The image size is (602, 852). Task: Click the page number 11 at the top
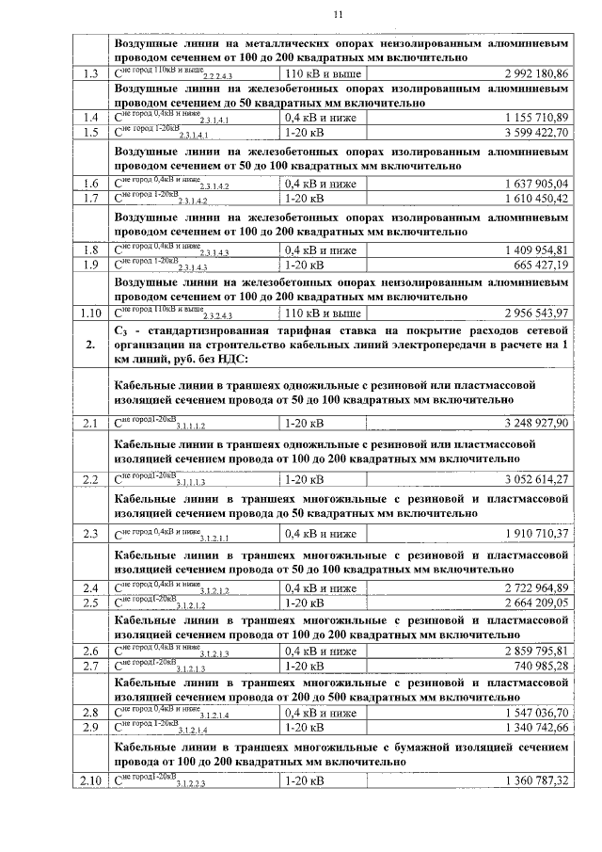[339, 14]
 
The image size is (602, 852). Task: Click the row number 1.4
[91, 118]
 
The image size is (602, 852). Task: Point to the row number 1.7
[91, 199]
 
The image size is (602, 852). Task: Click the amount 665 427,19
[541, 265]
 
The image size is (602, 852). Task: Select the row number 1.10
[91, 312]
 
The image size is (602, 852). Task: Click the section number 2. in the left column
[91, 346]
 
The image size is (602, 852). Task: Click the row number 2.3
[91, 534]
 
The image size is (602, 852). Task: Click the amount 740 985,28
[541, 667]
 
